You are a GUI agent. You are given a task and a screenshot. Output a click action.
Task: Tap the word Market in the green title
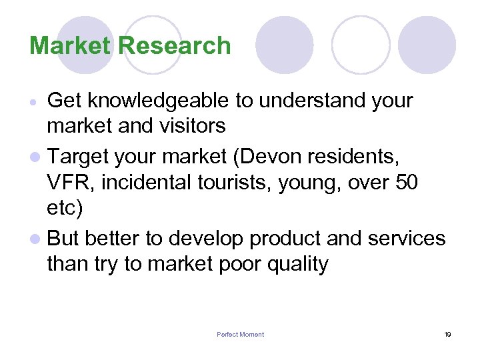(x=71, y=46)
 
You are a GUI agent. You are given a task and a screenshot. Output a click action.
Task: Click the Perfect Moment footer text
(x=240, y=335)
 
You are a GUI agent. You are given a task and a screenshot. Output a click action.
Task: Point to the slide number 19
(x=447, y=335)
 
